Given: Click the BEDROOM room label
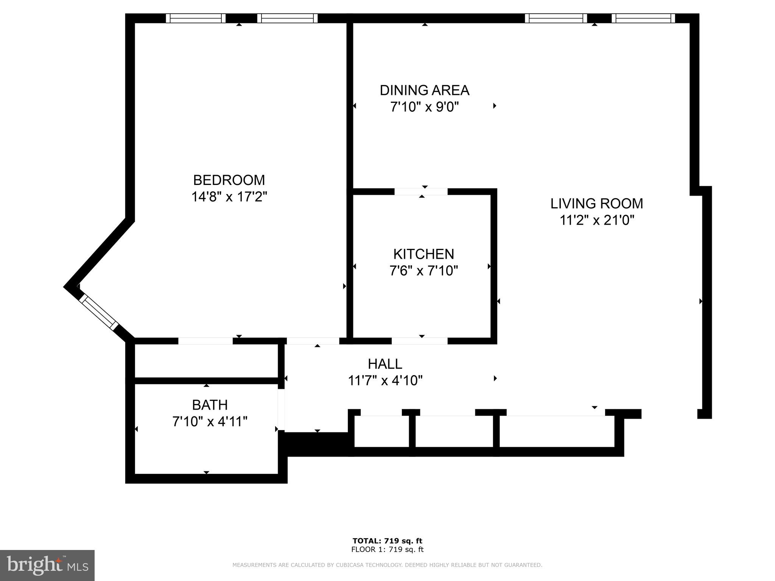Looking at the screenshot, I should pos(229,180).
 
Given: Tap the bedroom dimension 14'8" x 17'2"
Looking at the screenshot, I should pos(229,197).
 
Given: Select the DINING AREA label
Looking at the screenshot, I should pos(424,90).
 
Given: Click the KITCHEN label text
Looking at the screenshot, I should pos(423,254).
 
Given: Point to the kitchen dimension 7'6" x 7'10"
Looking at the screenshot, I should pos(423,271).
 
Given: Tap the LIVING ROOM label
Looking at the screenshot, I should pos(596,204).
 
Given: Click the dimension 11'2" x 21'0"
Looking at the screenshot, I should pos(596,220).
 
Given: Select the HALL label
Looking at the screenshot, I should pos(385,364).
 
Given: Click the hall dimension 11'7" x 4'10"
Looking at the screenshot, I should pos(385,380).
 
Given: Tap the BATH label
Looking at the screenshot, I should pos(210,405).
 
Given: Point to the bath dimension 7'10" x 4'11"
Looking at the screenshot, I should pos(210,421).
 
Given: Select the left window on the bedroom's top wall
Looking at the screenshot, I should pos(196,18).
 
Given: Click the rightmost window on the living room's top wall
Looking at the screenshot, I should pos(643,18).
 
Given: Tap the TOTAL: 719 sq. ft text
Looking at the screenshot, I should pos(387,541).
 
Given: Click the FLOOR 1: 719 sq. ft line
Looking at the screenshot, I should pos(387,550).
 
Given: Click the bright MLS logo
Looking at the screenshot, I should pos(47,565).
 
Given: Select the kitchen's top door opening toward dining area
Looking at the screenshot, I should pos(421,191).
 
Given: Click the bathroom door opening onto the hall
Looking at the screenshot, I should pos(281,410).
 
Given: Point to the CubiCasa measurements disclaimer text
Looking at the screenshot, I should pos(387,565).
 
